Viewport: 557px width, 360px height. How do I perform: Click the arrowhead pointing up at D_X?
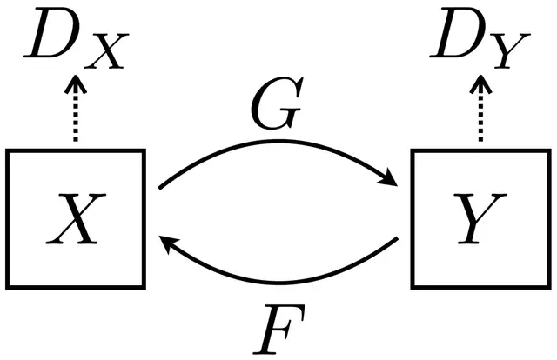click(76, 84)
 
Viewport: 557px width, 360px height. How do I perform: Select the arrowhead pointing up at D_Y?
click(479, 84)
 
